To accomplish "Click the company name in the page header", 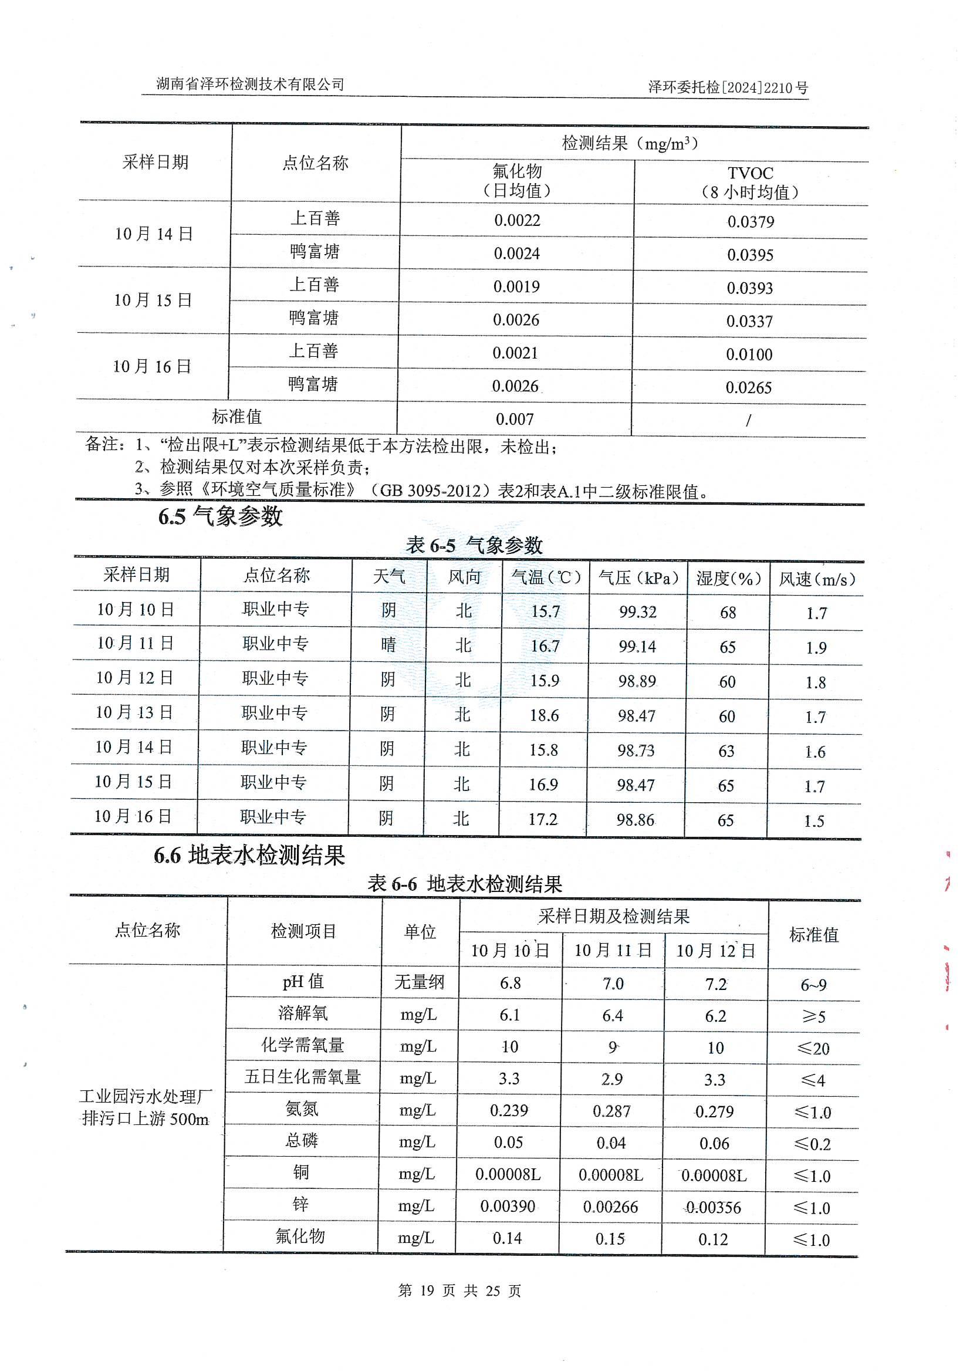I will [250, 85].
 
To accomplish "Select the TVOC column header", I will [750, 183].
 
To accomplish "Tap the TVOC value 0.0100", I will [749, 354].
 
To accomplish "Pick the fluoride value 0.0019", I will [516, 286].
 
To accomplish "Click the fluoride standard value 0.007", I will [514, 419].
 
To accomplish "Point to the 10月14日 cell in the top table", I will [154, 234].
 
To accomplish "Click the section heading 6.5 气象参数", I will [220, 516].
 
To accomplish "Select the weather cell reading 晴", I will [388, 645].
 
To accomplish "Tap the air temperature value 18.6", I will [544, 715].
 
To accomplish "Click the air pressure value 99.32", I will [637, 612].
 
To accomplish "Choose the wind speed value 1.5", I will [813, 820].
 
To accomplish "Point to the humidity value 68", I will [727, 613].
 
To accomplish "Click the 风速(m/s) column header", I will [816, 579].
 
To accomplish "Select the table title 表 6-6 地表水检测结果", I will [464, 884].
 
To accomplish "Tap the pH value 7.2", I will [715, 984].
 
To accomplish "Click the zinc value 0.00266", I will [610, 1207].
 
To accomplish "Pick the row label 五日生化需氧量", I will [302, 1077].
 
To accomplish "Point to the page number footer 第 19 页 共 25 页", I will [459, 1290].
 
